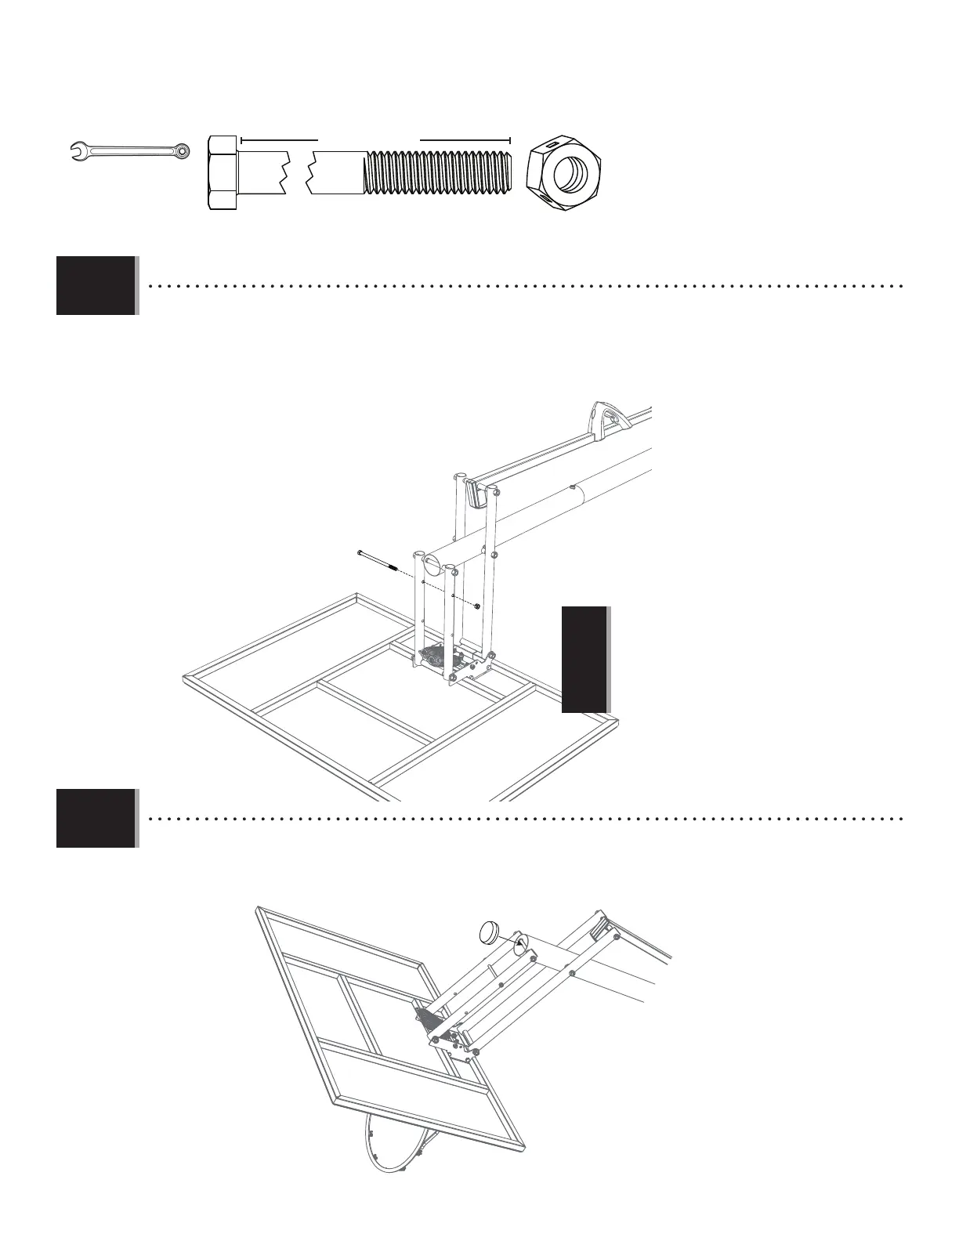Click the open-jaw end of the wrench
[x=77, y=148]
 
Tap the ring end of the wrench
[x=182, y=148]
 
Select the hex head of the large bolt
[x=223, y=173]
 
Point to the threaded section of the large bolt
[x=438, y=173]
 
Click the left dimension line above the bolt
[x=279, y=139]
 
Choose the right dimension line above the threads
[x=465, y=139]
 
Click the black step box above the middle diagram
[x=96, y=285]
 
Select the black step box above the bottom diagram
[x=96, y=818]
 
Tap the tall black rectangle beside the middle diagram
[x=584, y=659]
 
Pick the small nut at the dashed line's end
[x=477, y=606]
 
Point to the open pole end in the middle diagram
[x=432, y=561]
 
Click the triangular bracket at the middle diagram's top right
[x=605, y=414]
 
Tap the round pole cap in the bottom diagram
[x=492, y=933]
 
